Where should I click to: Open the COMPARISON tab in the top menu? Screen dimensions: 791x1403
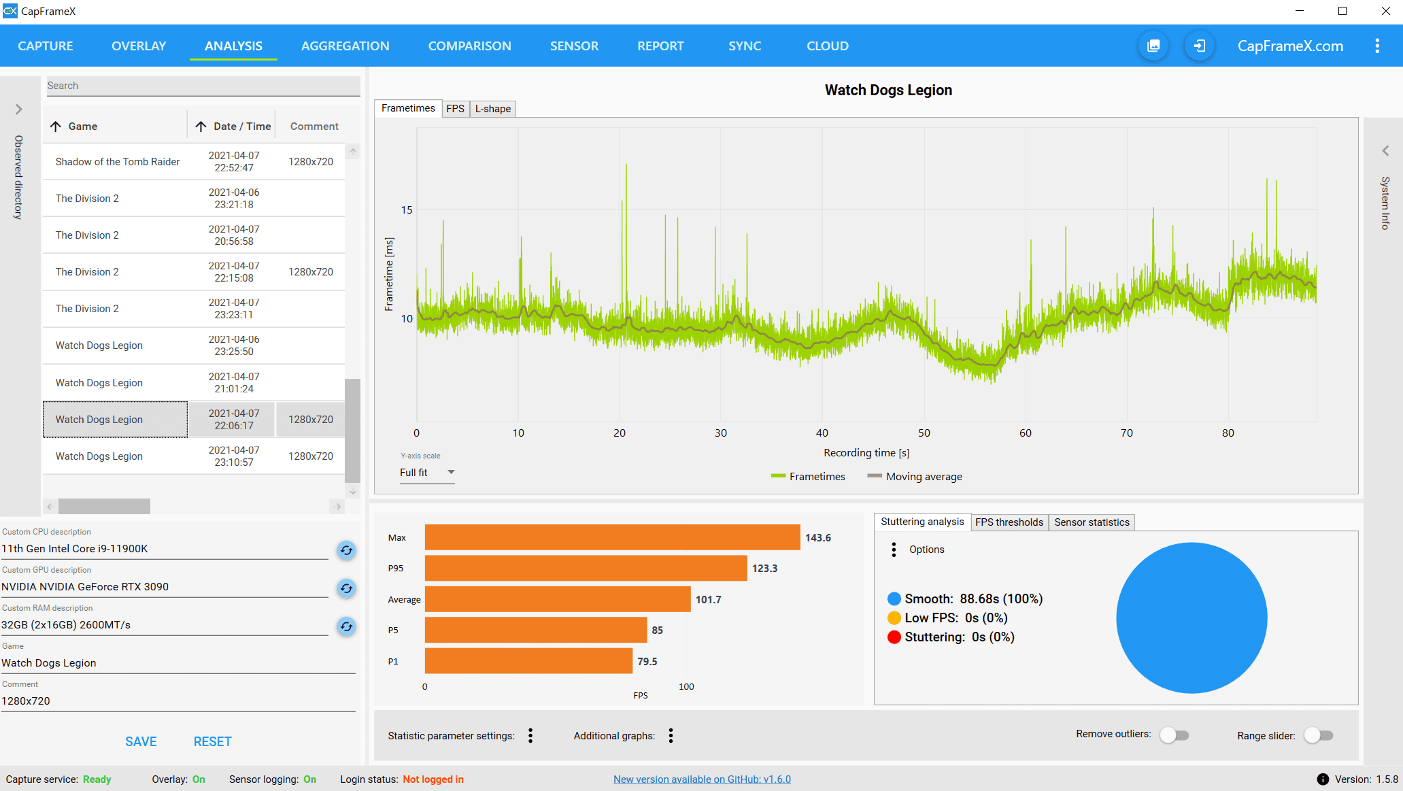(469, 46)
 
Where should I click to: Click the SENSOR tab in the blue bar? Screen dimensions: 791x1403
(574, 46)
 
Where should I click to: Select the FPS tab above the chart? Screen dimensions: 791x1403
(455, 109)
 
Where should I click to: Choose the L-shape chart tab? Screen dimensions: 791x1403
(492, 109)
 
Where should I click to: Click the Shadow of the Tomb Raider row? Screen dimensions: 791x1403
(118, 162)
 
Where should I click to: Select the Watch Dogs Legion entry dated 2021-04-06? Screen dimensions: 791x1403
(99, 346)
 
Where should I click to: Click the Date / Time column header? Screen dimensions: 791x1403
(241, 127)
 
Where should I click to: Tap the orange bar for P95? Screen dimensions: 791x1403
(585, 569)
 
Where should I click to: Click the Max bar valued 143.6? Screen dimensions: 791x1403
(612, 537)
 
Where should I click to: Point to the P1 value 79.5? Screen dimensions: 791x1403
(647, 662)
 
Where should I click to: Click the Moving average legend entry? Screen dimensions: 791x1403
(923, 477)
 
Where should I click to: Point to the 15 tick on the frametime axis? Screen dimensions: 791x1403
(407, 210)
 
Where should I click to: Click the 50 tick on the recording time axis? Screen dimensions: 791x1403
(924, 433)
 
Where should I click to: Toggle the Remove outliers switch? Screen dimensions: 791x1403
(1174, 735)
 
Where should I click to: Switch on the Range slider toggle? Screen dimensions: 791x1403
(1319, 735)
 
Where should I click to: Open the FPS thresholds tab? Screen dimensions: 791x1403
(1009, 522)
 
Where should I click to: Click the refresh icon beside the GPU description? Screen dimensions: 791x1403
(346, 588)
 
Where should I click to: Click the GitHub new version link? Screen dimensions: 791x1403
(702, 779)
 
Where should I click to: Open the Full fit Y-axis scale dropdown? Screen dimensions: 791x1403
(426, 473)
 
